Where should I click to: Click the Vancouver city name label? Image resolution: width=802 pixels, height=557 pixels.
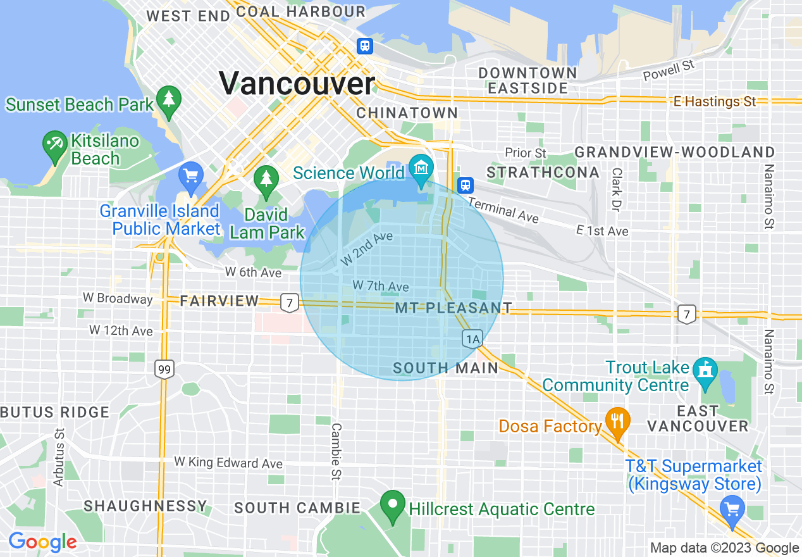[297, 84]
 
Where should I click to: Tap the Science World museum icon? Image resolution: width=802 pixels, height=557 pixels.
[420, 168]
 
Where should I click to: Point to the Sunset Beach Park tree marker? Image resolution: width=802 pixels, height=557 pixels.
[168, 101]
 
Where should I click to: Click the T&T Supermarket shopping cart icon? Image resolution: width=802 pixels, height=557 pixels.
[732, 508]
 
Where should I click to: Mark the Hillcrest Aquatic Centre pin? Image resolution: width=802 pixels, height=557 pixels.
[393, 506]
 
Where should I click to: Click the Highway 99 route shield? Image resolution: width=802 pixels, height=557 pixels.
[164, 370]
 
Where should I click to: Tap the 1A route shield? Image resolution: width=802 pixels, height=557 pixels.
[472, 339]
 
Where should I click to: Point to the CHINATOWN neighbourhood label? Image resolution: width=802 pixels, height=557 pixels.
[407, 113]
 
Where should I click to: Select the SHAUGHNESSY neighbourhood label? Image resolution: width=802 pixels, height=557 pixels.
[145, 506]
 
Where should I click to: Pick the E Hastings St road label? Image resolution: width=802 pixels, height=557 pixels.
[715, 101]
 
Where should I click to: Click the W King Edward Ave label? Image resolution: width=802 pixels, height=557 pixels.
[228, 463]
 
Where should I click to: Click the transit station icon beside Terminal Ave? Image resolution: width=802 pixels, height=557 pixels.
[465, 185]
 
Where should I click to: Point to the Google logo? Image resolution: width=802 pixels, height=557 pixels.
[42, 542]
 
